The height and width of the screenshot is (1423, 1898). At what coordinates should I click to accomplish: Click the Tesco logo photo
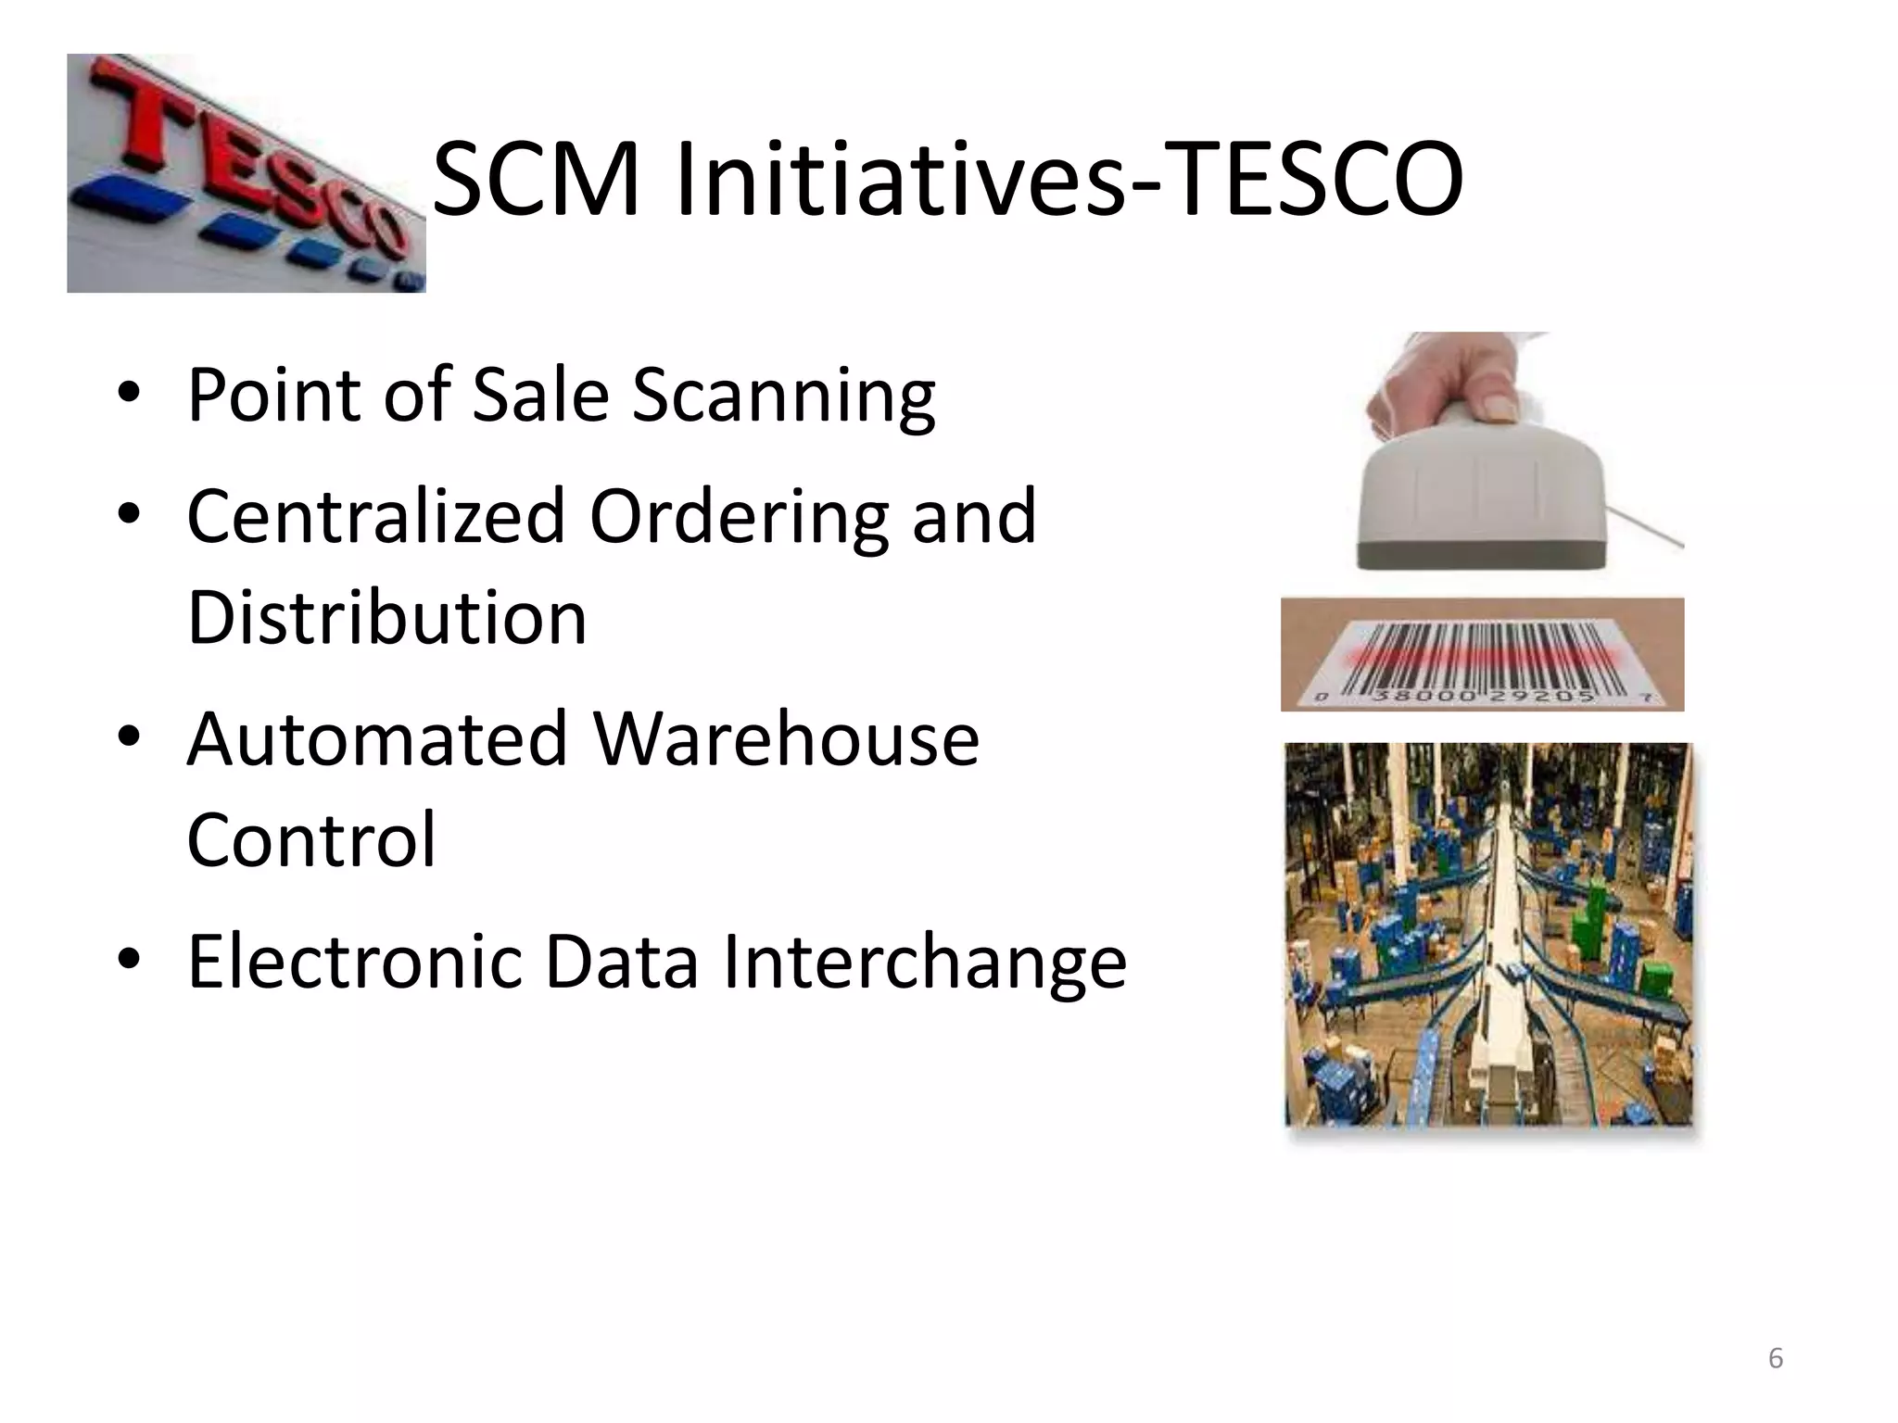tap(246, 173)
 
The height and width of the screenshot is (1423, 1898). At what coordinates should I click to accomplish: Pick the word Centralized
tap(375, 516)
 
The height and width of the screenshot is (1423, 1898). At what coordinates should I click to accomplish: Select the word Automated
tap(375, 739)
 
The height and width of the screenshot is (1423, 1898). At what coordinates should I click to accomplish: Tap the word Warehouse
tap(785, 739)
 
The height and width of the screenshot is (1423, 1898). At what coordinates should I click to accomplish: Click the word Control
tap(310, 839)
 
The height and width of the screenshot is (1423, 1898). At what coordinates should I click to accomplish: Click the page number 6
tap(1775, 1358)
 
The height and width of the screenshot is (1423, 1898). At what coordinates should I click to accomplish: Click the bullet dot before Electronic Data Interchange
tap(129, 959)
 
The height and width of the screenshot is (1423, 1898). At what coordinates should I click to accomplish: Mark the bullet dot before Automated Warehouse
tap(129, 737)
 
